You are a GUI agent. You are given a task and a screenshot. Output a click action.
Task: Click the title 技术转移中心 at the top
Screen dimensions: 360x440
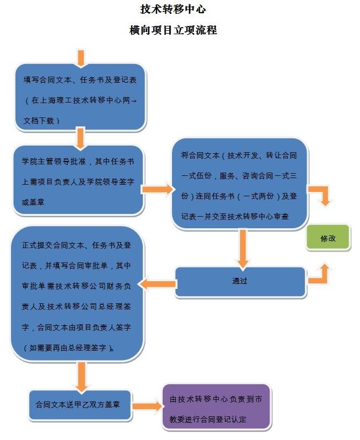(173, 9)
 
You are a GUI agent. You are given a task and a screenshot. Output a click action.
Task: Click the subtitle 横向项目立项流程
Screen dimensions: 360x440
(173, 30)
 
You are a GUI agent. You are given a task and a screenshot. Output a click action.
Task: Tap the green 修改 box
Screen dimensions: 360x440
(328, 238)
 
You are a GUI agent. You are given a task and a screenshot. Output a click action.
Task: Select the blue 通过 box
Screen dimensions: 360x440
(240, 281)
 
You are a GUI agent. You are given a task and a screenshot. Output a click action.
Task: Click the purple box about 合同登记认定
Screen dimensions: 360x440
(216, 406)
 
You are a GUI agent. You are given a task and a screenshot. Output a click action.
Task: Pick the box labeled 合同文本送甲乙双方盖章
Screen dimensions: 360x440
(80, 405)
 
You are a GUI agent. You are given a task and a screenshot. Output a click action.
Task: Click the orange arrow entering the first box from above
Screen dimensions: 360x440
(81, 58)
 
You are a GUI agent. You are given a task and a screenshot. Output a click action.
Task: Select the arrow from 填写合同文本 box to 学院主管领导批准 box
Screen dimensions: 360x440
(80, 138)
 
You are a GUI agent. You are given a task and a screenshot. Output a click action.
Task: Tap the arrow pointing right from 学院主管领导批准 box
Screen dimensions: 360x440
(157, 190)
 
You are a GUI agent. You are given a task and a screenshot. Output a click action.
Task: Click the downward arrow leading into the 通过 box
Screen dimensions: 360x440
(243, 248)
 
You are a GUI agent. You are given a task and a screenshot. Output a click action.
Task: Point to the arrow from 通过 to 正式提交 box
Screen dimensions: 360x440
(158, 284)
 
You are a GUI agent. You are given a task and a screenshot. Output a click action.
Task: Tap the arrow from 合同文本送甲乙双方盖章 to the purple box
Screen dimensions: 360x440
(147, 406)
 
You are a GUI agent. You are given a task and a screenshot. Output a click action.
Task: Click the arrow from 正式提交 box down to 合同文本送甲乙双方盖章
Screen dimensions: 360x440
(82, 377)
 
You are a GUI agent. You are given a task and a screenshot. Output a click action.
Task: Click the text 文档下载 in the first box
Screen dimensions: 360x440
(39, 121)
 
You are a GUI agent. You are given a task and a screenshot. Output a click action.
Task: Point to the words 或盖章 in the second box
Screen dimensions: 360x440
(33, 202)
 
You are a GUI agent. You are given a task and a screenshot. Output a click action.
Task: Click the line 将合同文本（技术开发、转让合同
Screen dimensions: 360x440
(239, 155)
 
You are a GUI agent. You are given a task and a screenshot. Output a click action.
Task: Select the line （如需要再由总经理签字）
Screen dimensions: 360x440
(69, 348)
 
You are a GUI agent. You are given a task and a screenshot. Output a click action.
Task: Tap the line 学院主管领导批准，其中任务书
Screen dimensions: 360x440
(78, 162)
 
